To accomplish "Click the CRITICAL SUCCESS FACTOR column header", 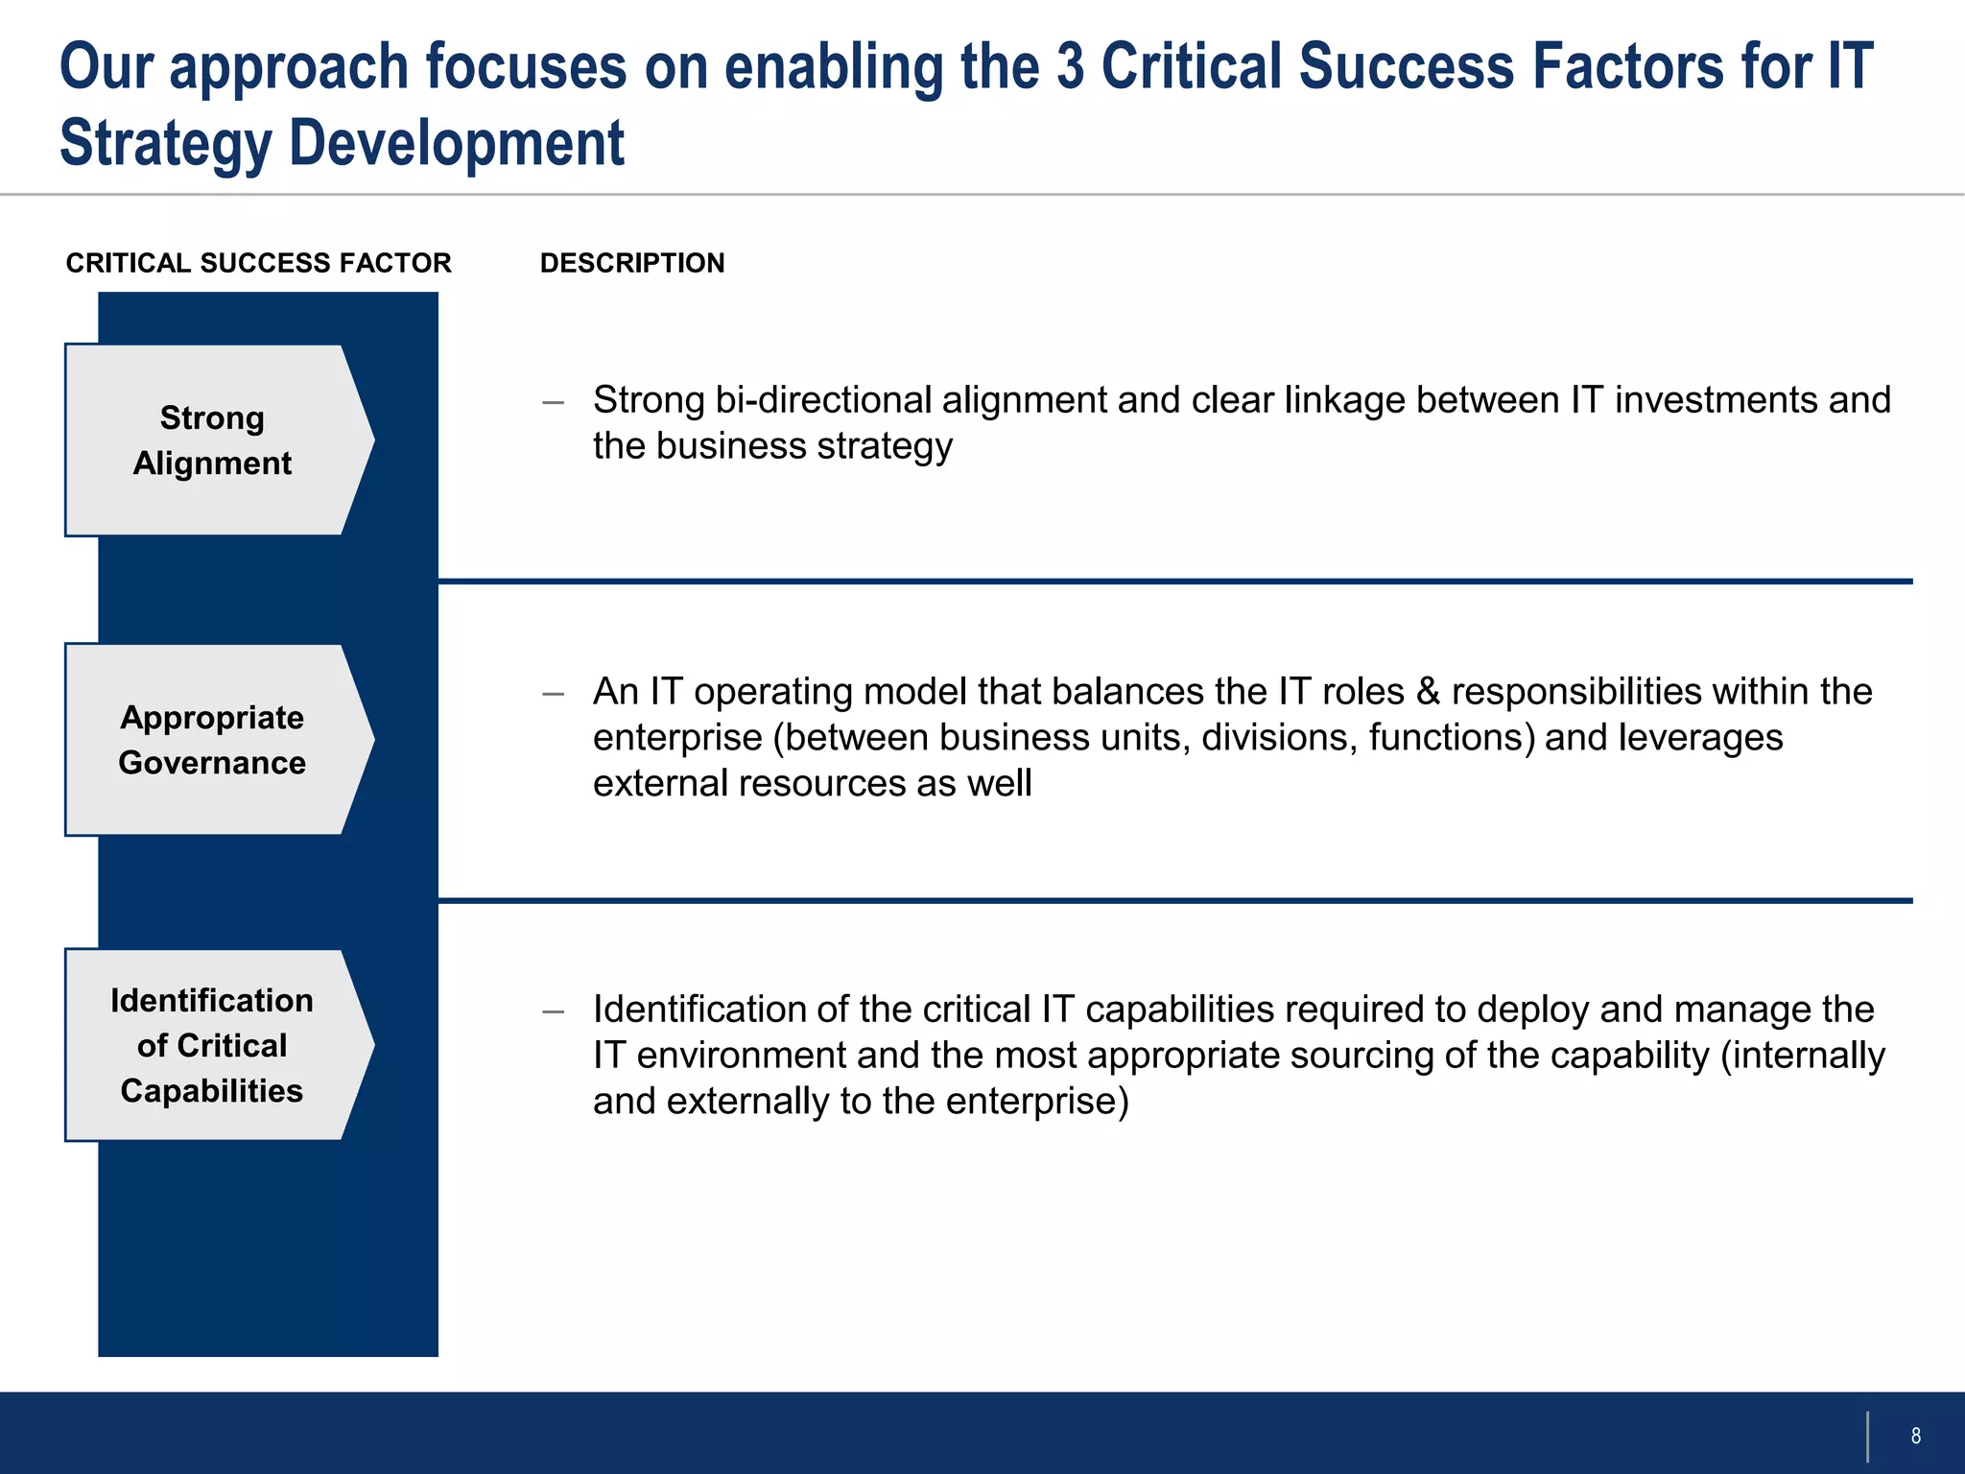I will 258,263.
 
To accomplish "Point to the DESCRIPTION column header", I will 632,263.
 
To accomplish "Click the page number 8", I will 1915,1436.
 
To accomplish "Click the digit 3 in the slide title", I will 1070,67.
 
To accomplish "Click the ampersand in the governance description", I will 1428,692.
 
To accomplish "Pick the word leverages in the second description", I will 1700,738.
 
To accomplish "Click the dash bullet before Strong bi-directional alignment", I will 553,402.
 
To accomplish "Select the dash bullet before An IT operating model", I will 553,694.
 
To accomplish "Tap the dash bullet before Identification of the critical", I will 553,1011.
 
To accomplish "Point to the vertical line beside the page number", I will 1867,1436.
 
